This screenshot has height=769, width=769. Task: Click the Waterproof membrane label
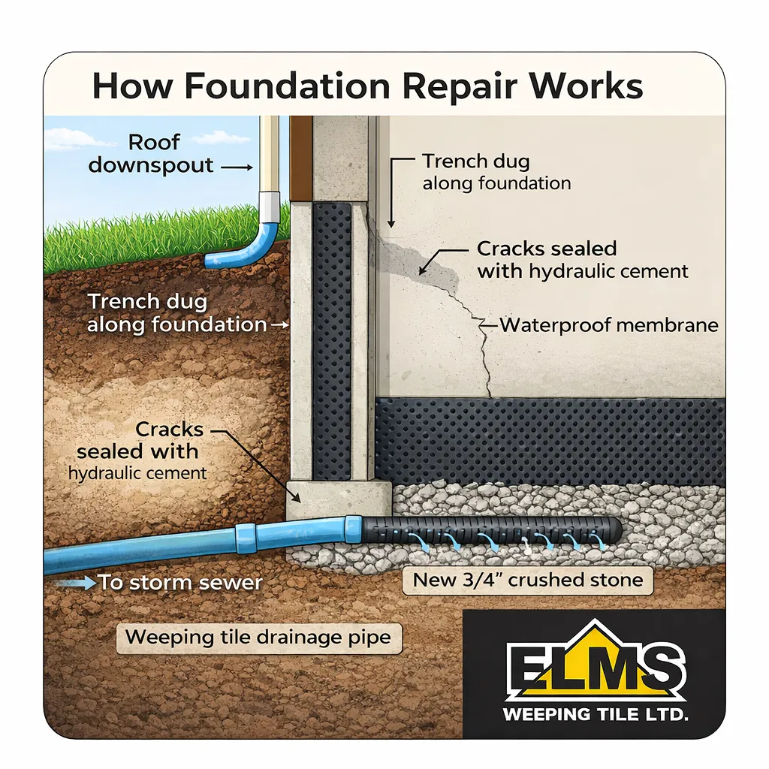pos(609,325)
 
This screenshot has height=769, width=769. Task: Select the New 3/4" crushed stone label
pos(528,580)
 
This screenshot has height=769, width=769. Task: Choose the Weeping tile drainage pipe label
pos(258,638)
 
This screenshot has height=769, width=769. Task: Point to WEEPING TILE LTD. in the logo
pos(595,714)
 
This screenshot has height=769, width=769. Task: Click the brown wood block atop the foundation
pos(301,158)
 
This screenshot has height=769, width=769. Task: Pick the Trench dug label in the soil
pos(176,313)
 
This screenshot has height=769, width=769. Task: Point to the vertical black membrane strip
pos(331,338)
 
